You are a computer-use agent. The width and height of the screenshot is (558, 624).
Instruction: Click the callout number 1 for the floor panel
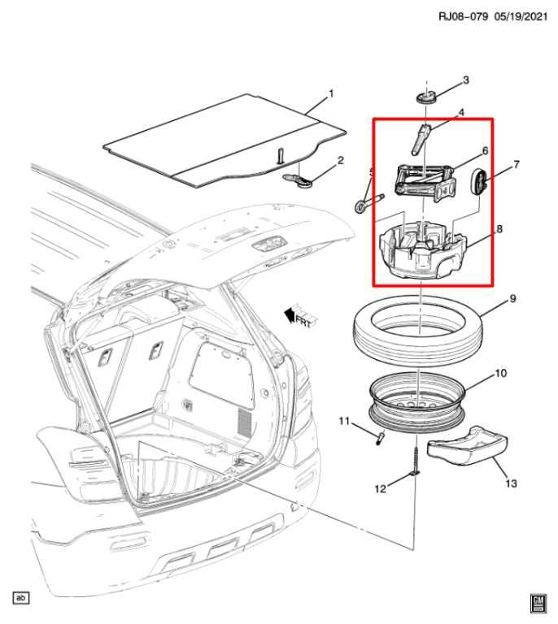pyautogui.click(x=330, y=94)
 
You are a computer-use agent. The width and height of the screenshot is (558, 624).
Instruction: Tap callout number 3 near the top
pyautogui.click(x=465, y=80)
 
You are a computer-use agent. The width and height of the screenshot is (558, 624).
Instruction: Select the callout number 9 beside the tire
pyautogui.click(x=512, y=298)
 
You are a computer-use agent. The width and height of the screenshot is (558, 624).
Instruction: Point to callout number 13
pyautogui.click(x=511, y=483)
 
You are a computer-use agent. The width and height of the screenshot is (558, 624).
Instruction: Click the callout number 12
pyautogui.click(x=381, y=488)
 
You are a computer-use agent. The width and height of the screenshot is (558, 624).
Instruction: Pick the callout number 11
pyautogui.click(x=344, y=421)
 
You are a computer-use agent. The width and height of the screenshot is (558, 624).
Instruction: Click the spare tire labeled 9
pyautogui.click(x=419, y=331)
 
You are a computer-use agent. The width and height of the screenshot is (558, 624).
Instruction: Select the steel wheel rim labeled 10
pyautogui.click(x=417, y=402)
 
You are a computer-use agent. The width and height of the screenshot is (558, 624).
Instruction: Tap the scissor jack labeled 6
pyautogui.click(x=425, y=183)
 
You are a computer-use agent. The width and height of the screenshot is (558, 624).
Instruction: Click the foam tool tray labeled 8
pyautogui.click(x=423, y=251)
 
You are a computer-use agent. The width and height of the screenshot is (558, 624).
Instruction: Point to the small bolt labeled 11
pyautogui.click(x=379, y=439)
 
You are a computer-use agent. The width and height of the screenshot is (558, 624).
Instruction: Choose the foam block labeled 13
pyautogui.click(x=468, y=446)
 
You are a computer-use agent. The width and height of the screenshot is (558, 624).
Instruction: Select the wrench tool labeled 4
pyautogui.click(x=421, y=139)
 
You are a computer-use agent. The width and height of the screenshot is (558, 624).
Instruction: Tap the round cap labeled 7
pyautogui.click(x=479, y=182)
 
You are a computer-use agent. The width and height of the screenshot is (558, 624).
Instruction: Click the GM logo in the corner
pyautogui.click(x=538, y=604)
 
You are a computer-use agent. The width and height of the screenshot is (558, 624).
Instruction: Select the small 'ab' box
pyautogui.click(x=21, y=597)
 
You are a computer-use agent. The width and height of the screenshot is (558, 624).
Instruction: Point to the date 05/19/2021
pyautogui.click(x=521, y=16)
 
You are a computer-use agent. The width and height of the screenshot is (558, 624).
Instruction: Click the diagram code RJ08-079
pyautogui.click(x=463, y=16)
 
